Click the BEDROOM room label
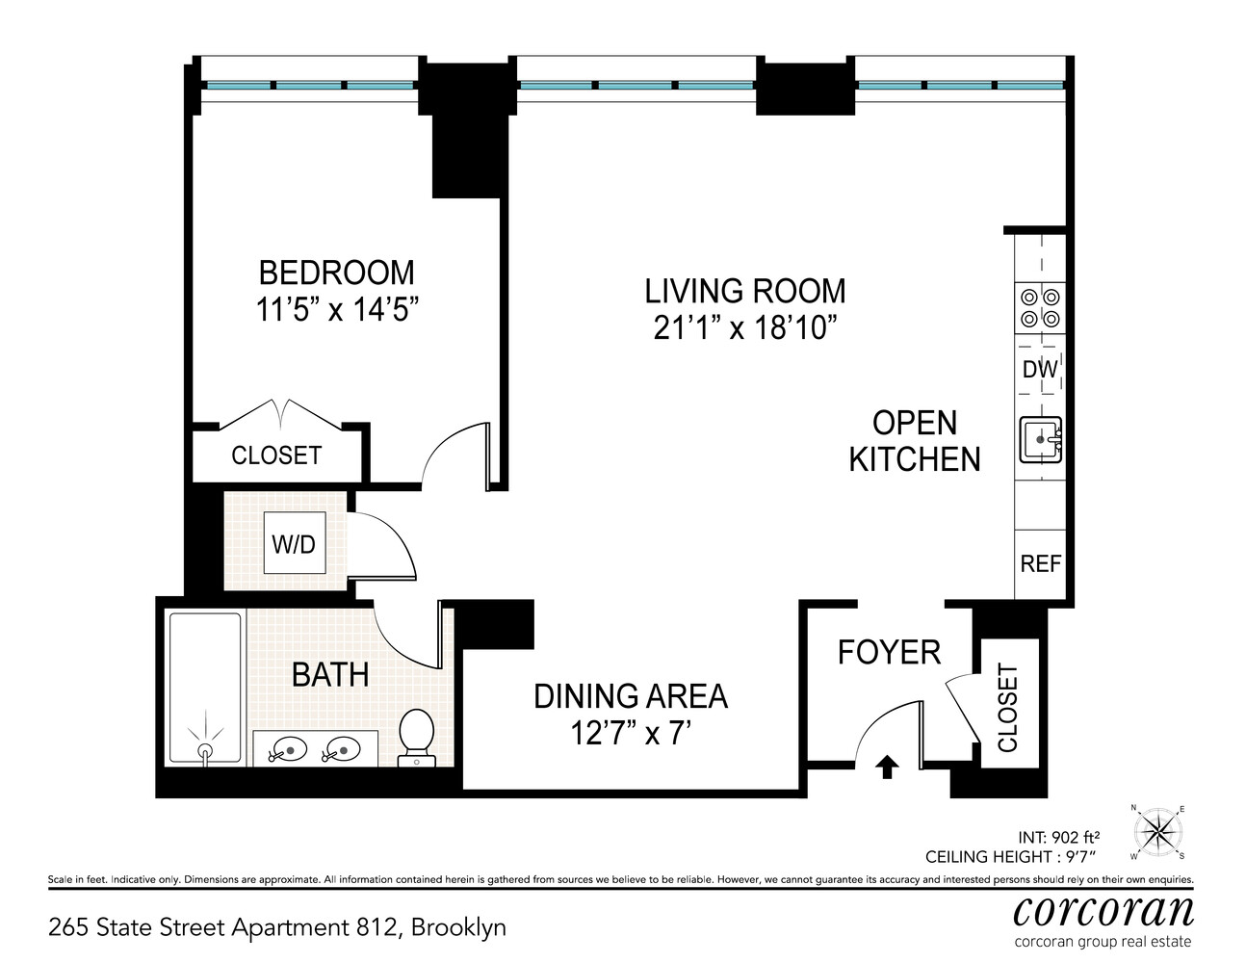click(x=336, y=273)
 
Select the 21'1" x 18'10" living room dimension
click(x=744, y=328)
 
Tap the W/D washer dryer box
click(x=294, y=544)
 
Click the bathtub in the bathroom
click(x=205, y=688)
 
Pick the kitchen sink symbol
click(x=1040, y=440)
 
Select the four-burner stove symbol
click(x=1040, y=308)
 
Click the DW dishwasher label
click(x=1040, y=370)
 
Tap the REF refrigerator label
click(x=1041, y=563)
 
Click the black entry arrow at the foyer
click(x=887, y=767)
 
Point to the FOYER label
click(x=889, y=653)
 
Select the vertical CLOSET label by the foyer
click(x=1008, y=708)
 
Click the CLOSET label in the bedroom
click(x=276, y=455)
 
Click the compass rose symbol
click(x=1158, y=830)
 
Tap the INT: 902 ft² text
click(x=1058, y=838)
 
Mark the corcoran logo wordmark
click(x=1103, y=910)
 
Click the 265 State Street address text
click(x=276, y=927)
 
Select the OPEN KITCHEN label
click(x=914, y=441)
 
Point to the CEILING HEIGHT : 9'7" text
click(x=1011, y=856)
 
